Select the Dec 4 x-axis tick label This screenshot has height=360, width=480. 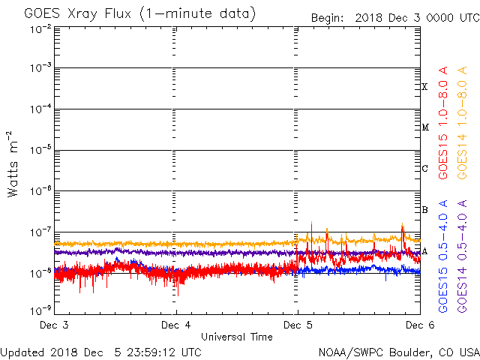pos(176,325)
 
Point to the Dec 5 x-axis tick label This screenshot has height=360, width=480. pos(298,325)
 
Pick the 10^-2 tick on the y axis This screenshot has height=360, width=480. pos(40,28)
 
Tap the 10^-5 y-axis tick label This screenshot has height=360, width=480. pos(40,150)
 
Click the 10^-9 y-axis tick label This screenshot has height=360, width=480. pos(40,309)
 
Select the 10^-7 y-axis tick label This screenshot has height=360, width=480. pos(40,232)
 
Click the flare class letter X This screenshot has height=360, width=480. pos(424,87)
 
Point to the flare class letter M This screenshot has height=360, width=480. pos(424,127)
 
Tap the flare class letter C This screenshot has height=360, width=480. pos(424,169)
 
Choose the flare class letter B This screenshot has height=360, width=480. pos(424,210)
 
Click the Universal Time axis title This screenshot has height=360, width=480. pos(237,337)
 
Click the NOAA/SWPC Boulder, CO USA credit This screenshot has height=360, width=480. pos(398,352)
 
